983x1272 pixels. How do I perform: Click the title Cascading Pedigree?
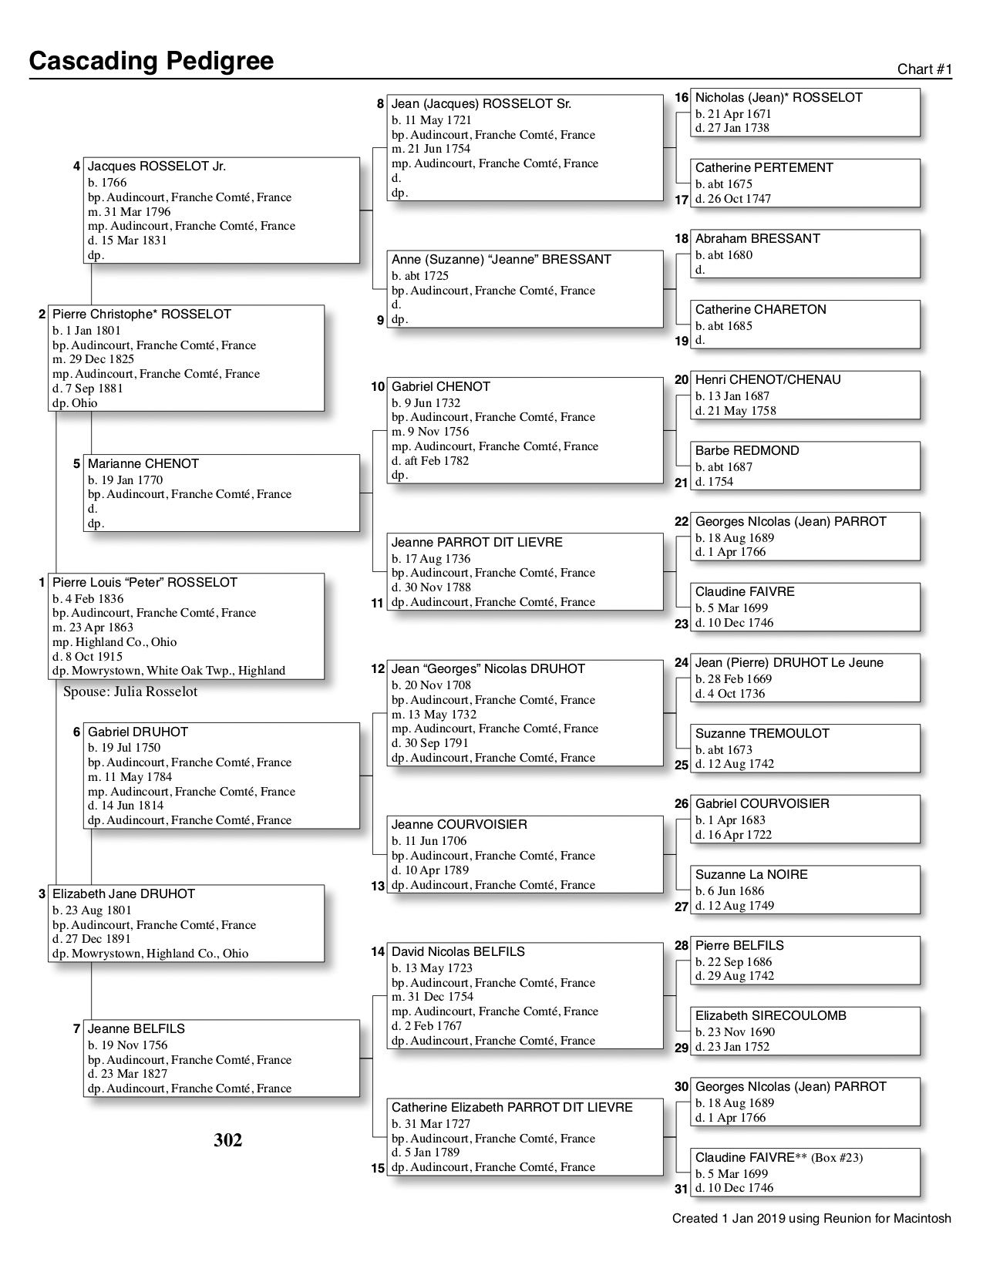coord(151,61)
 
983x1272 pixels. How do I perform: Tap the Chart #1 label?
coord(924,69)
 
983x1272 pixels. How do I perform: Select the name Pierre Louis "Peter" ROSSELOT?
coord(145,582)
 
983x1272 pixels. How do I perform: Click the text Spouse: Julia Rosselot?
coord(130,692)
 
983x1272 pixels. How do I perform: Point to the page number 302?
coord(228,1140)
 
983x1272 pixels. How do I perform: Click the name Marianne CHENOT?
coord(143,463)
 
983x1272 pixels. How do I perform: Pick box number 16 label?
coord(682,98)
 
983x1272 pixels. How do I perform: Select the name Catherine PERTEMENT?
coord(764,167)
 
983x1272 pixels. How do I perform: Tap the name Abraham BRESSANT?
coord(757,238)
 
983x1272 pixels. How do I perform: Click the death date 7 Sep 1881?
coord(93,389)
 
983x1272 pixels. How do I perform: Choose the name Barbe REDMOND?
coord(747,450)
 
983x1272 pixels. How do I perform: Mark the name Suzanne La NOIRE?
coord(751,874)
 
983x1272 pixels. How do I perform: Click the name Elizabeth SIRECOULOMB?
coord(770,1015)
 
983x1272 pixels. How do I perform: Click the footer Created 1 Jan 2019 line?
coord(811,1219)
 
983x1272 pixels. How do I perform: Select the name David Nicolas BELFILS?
coord(458,951)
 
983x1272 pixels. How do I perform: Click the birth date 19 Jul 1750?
coord(128,748)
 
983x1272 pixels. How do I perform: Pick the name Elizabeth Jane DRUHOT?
coord(123,893)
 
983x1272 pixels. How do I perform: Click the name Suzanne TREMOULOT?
coord(762,733)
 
